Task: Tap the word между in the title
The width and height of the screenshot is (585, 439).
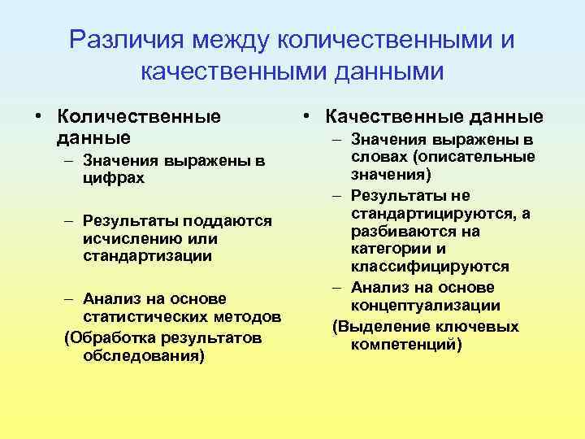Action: (x=225, y=40)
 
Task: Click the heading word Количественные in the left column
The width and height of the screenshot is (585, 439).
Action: (x=139, y=116)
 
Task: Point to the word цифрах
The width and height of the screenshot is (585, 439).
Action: (x=114, y=177)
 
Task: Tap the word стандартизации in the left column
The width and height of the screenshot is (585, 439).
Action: (x=147, y=256)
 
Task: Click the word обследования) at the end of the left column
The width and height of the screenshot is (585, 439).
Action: (x=144, y=355)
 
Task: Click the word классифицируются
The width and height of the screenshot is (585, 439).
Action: (x=430, y=267)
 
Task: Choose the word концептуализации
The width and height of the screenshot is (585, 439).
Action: (x=425, y=306)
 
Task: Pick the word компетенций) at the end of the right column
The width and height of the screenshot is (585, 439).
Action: (x=406, y=345)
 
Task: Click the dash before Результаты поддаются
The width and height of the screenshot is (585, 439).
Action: (x=70, y=221)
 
